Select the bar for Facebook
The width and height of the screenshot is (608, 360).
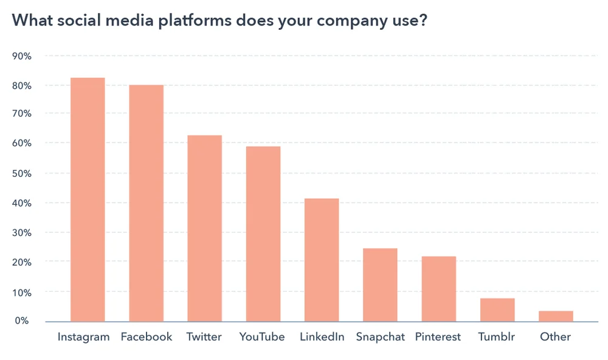click(146, 203)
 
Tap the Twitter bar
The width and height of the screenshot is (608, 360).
click(204, 228)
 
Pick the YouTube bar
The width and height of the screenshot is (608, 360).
click(263, 234)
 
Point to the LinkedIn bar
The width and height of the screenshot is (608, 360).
click(322, 260)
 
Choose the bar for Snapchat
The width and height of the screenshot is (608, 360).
click(380, 285)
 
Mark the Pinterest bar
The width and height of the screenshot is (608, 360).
click(439, 289)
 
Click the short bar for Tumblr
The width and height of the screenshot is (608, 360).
click(497, 310)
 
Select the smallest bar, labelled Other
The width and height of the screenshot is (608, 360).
click(556, 316)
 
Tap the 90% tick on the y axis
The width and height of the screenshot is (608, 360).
click(22, 56)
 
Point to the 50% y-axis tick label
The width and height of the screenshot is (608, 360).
click(22, 173)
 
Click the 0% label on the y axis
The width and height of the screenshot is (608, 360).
click(22, 320)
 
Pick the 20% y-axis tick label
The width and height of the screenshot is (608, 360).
click(22, 262)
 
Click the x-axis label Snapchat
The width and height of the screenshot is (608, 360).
click(380, 337)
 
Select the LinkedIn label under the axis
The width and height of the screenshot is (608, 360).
click(322, 336)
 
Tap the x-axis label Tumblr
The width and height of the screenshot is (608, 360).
click(497, 336)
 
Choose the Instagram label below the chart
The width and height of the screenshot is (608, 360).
click(83, 337)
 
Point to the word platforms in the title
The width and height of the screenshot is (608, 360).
click(195, 20)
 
